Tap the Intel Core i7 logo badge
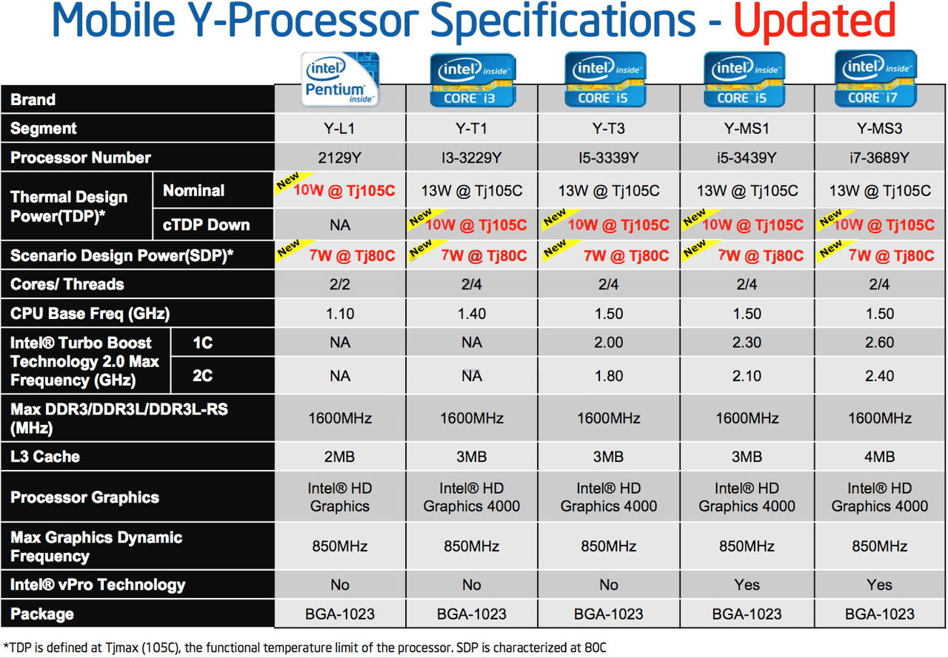pos(876,78)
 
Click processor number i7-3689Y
pos(879,158)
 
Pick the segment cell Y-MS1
pos(747,129)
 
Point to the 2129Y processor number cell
pos(340,158)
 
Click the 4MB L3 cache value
pos(879,457)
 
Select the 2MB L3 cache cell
pos(340,457)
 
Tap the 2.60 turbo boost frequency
pos(879,343)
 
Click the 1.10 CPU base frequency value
pos(340,314)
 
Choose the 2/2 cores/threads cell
pos(340,284)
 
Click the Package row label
pos(42,614)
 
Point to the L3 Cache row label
pos(45,457)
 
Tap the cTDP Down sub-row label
pos(206,225)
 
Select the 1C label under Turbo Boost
pos(202,343)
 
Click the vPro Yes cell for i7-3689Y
pos(879,585)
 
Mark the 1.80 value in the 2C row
pos(609,376)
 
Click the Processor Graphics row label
pos(84,497)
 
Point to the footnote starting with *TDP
pos(304,648)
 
